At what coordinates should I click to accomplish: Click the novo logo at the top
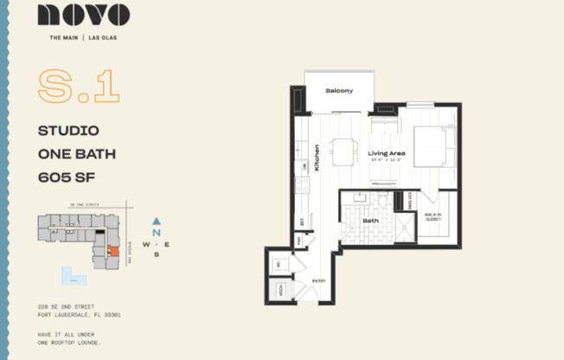84,16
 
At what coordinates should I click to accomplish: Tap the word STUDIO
68,132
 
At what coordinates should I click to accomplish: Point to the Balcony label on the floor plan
339,91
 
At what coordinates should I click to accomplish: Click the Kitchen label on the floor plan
317,157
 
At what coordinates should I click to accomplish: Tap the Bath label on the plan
370,220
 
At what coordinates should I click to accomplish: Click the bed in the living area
433,147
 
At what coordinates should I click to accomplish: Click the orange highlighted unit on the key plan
112,251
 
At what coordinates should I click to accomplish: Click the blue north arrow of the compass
156,222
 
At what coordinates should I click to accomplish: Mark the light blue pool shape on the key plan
73,276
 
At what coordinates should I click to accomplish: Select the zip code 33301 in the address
111,316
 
